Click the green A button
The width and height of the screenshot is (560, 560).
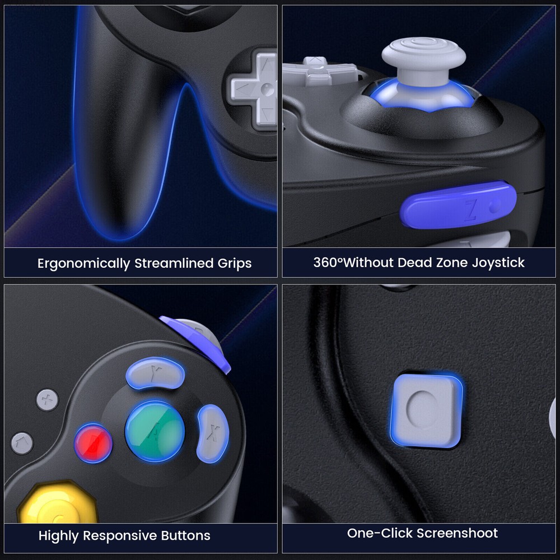[155, 431]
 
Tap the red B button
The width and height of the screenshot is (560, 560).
[94, 442]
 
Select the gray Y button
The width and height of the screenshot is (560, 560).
[154, 372]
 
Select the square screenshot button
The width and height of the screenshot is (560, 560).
[426, 410]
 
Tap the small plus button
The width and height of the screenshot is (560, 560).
[48, 400]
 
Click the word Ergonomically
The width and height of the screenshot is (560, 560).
[84, 263]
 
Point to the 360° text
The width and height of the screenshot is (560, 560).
[327, 262]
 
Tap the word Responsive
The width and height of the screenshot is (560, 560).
[121, 535]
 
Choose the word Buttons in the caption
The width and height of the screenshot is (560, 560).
[185, 535]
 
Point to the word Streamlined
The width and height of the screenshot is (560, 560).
[169, 263]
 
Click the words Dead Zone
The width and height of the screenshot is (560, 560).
[428, 262]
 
